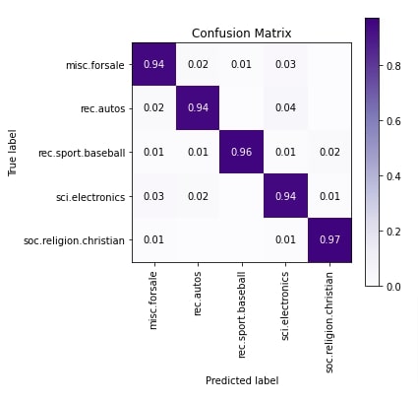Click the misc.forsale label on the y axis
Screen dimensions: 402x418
(x=96, y=66)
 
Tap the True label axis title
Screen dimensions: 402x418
(x=12, y=154)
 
